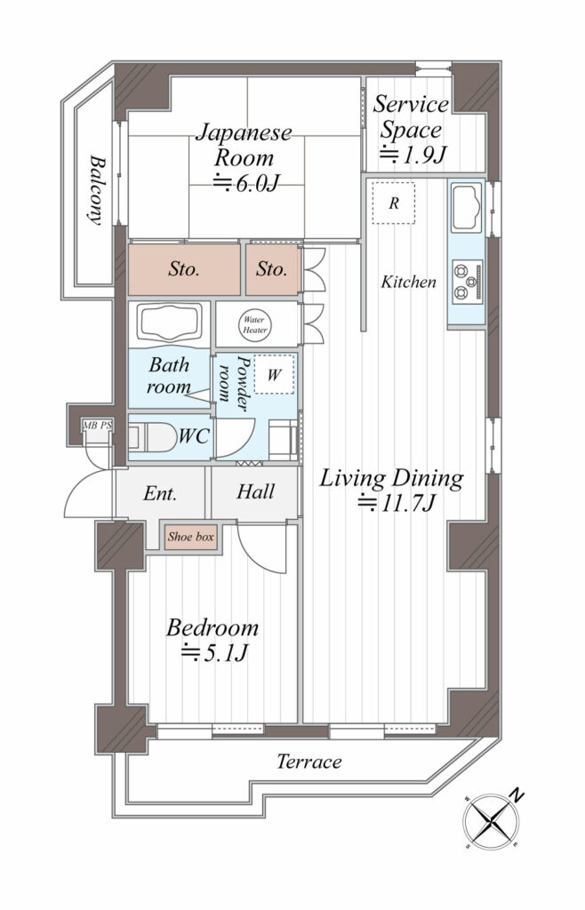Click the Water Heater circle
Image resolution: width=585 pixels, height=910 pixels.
[x=255, y=325]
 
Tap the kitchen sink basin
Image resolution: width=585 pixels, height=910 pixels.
[x=467, y=206]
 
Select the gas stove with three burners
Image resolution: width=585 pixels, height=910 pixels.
[x=468, y=282]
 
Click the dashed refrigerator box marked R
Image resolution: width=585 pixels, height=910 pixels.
[x=394, y=204]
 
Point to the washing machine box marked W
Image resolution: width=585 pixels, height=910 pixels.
[x=274, y=374]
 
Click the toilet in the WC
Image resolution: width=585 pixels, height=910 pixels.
[x=152, y=437]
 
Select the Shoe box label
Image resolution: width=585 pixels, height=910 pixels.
[x=191, y=537]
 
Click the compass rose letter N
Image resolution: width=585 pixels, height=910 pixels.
[x=516, y=795]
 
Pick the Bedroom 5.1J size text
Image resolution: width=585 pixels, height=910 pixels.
[x=215, y=653]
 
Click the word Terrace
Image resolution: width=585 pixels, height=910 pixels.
[x=309, y=762]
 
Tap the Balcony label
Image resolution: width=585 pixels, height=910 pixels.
[x=97, y=189]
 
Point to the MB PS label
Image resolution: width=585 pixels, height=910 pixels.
[x=98, y=426]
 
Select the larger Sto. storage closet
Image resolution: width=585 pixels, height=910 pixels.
[x=184, y=268]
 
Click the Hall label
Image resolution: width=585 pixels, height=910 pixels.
[x=255, y=492]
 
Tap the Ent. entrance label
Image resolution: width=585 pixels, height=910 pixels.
[x=160, y=494]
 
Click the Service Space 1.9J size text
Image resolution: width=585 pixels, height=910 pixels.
[x=413, y=156]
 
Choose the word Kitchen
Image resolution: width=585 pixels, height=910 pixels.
[x=409, y=282]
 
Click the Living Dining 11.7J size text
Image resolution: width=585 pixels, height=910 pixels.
[x=396, y=503]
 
